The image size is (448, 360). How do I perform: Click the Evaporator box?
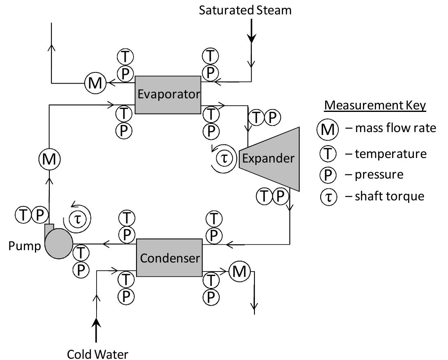[168, 95]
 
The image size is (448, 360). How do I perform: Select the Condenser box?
[169, 258]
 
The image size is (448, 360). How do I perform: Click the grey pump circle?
[58, 244]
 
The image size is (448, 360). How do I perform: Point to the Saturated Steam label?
[245, 10]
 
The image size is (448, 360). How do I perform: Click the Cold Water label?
[98, 353]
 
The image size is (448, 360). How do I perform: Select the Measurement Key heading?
[375, 105]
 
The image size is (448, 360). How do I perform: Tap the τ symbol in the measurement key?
[327, 197]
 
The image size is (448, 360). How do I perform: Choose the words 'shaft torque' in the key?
[390, 196]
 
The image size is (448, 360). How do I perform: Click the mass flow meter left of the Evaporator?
[95, 84]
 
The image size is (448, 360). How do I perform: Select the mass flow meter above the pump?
[49, 159]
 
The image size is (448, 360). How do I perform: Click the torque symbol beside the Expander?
[224, 158]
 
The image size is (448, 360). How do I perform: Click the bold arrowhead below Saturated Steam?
[252, 38]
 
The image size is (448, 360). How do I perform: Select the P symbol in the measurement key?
[327, 175]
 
